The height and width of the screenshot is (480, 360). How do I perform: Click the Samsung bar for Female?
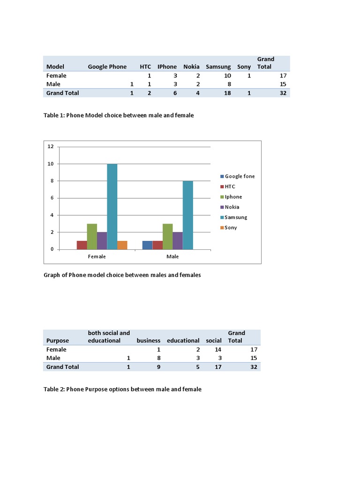tap(112, 206)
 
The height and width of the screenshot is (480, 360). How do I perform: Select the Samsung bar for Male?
tap(187, 215)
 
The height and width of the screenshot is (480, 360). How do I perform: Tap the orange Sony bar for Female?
tap(122, 245)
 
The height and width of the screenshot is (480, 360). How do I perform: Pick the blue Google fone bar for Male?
tap(147, 245)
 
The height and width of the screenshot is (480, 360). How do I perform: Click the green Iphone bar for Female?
tap(92, 236)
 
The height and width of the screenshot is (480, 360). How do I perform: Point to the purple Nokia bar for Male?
tap(177, 240)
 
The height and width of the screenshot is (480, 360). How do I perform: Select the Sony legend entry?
tap(231, 227)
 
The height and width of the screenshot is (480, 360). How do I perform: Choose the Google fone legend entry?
tap(240, 176)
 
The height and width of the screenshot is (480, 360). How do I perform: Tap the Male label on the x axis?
tap(172, 256)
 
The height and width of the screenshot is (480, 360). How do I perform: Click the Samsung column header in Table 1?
tap(218, 67)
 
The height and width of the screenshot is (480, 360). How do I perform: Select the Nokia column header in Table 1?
tap(191, 67)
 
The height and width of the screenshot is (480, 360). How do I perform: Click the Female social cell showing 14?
tap(217, 349)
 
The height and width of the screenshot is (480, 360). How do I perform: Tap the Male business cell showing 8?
tap(158, 358)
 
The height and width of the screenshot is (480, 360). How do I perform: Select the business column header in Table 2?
tap(148, 340)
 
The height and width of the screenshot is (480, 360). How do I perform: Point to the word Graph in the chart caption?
tap(52, 275)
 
